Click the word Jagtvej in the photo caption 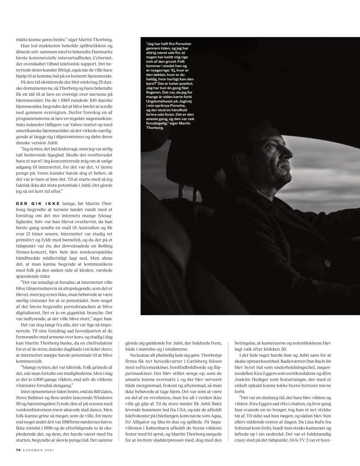(x=192, y=103)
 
